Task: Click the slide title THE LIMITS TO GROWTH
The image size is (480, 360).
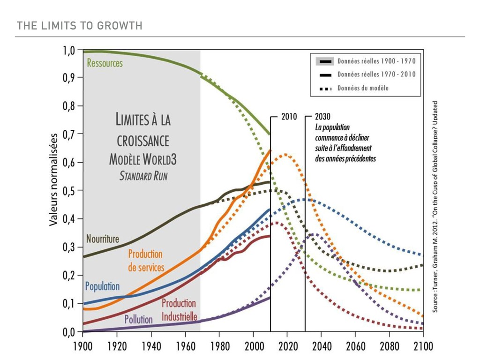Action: coord(79,26)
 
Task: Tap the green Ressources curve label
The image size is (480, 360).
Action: coord(105,63)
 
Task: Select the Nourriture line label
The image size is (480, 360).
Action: coord(103,239)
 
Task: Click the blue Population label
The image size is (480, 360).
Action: coord(102,286)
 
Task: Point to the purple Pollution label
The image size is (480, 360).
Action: coord(138,320)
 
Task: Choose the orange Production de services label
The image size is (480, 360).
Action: coord(146,261)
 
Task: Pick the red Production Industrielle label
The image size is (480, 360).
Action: coord(179,310)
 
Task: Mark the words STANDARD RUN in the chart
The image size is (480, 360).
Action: coord(143,177)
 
